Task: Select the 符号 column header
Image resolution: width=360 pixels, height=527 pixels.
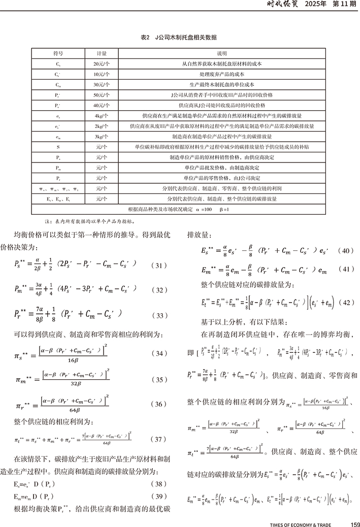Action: pos(57,53)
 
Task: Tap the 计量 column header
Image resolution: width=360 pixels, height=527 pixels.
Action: pos(102,53)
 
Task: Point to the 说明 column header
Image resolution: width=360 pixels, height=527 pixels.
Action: pos(221,53)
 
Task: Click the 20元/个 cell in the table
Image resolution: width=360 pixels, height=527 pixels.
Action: pos(102,64)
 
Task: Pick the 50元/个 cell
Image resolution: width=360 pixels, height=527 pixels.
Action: pos(102,95)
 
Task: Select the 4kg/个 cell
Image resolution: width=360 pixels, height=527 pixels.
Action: pos(102,116)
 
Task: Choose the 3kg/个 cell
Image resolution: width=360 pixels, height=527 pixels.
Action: pos(102,137)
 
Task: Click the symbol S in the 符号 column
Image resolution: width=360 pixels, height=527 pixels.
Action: pos(57,147)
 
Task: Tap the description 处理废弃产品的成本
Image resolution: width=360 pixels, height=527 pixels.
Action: pos(221,74)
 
